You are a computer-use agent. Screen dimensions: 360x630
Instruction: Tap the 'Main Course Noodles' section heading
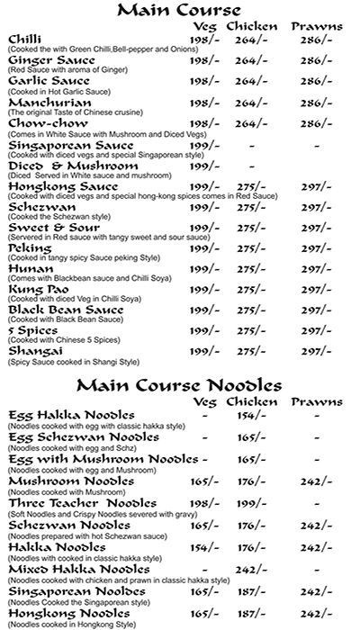[192, 385]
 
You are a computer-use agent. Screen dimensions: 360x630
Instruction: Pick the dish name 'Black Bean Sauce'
[66, 310]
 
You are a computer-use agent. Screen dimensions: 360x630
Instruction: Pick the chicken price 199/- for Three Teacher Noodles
[247, 503]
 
